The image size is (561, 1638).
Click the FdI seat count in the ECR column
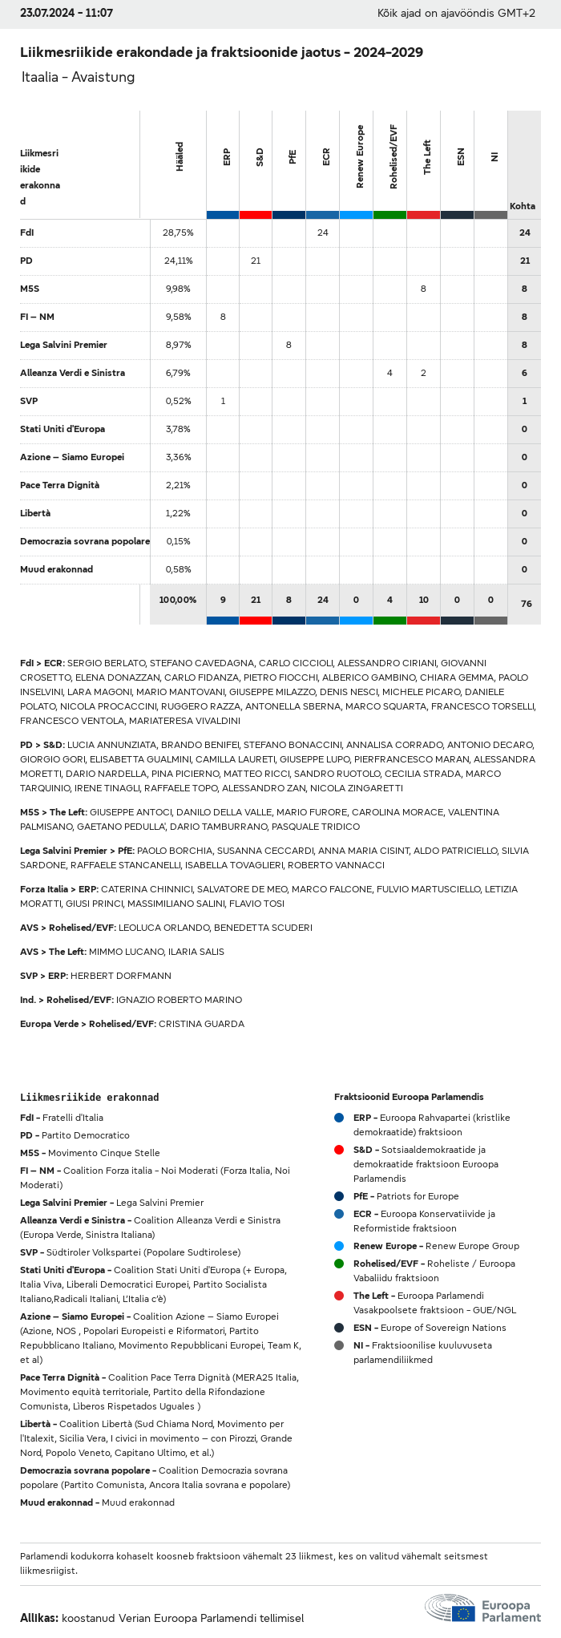(323, 233)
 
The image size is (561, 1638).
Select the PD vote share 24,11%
(178, 261)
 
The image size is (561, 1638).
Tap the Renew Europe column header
(360, 156)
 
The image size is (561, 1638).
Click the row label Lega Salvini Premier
(63, 345)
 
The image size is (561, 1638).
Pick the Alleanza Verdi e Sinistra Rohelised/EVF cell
(389, 373)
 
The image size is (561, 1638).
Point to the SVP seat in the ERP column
(223, 401)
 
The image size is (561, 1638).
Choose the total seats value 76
(526, 604)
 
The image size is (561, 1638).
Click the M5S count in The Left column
(423, 289)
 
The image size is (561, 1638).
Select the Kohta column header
(523, 206)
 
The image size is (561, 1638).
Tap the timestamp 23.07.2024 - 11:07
(67, 14)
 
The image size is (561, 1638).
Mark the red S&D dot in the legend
(339, 1150)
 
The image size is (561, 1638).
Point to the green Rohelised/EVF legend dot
(339, 1264)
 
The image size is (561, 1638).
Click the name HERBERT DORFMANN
(120, 976)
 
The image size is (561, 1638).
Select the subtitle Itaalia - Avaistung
(78, 77)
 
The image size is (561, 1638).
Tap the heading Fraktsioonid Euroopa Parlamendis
(409, 1097)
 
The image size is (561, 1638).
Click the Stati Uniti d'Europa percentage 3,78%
(178, 429)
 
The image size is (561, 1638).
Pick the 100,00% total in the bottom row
(178, 600)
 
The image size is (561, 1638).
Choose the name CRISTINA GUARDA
(201, 1024)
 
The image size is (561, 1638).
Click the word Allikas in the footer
(38, 1618)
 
